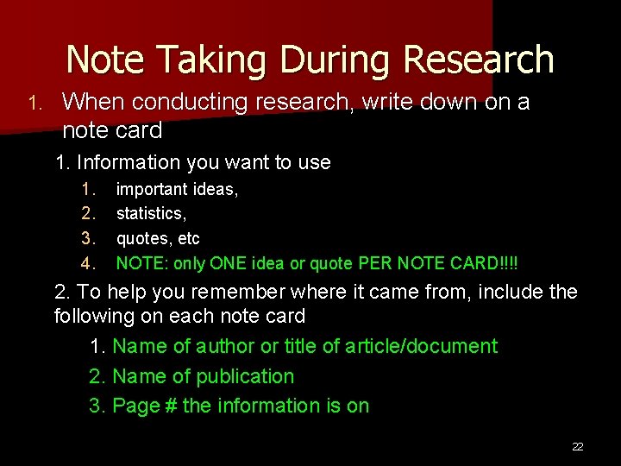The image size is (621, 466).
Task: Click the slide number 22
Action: [x=578, y=446]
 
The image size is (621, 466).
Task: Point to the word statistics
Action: [x=151, y=213]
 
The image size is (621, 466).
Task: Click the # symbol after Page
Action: [x=168, y=406]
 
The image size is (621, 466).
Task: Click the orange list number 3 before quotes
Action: [x=86, y=238]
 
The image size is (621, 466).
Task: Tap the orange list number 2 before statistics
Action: [x=86, y=213]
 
